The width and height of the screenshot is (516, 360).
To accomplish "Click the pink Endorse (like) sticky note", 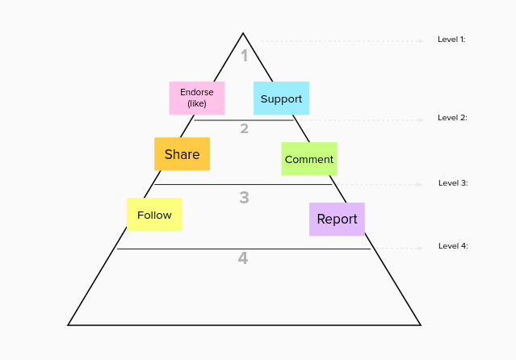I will coord(197,98).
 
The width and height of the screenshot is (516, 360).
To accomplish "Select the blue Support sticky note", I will coord(281,98).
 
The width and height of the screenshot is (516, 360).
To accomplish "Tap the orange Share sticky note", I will coord(182,154).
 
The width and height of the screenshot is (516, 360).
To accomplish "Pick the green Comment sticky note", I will coord(308,159).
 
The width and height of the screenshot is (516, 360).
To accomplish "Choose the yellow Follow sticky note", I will coord(154,215).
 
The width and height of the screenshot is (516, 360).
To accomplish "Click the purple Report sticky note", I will coord(337,219).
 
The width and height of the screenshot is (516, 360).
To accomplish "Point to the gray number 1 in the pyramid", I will coord(245,56).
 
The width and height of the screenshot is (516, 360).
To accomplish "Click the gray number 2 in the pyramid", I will coord(244,128).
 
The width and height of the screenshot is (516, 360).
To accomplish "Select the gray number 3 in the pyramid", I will coord(244,197).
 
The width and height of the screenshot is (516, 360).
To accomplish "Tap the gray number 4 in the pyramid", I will coord(242,258).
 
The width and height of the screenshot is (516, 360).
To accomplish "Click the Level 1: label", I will coord(451,39).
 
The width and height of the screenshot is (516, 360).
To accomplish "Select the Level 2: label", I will coord(452,118).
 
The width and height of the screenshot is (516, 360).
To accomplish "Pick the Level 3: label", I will coord(453,183).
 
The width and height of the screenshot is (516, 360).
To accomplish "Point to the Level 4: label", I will coord(453,245).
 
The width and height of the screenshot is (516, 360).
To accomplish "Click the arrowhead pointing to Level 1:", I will coord(421,40).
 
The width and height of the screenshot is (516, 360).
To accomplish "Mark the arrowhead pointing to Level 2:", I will coord(421,120).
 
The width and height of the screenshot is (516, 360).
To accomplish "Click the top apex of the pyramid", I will coord(243,34).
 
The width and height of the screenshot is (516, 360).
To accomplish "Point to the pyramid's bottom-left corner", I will coord(69,324).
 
